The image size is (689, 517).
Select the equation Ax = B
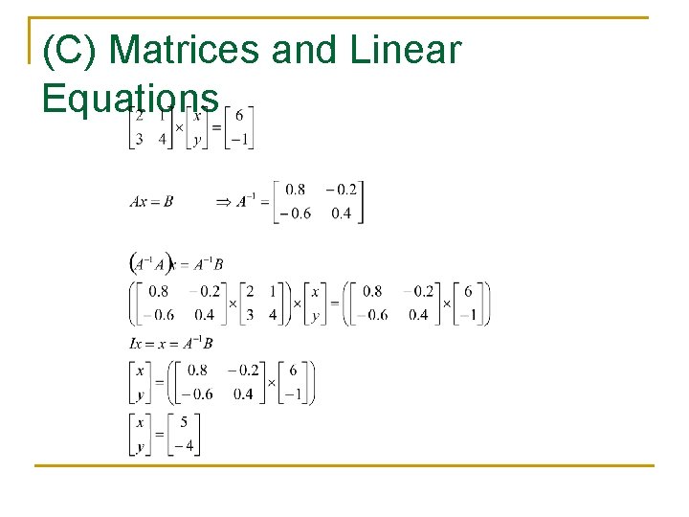tap(151, 202)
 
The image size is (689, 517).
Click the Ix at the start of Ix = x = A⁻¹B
tap(136, 343)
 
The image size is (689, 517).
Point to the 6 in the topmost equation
tap(238, 117)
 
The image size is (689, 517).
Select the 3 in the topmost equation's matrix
tap(139, 140)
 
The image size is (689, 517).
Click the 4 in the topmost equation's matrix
tap(162, 140)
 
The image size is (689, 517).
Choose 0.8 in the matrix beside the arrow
tap(296, 191)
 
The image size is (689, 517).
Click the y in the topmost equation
tap(196, 140)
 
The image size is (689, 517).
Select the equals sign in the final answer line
tap(159, 435)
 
